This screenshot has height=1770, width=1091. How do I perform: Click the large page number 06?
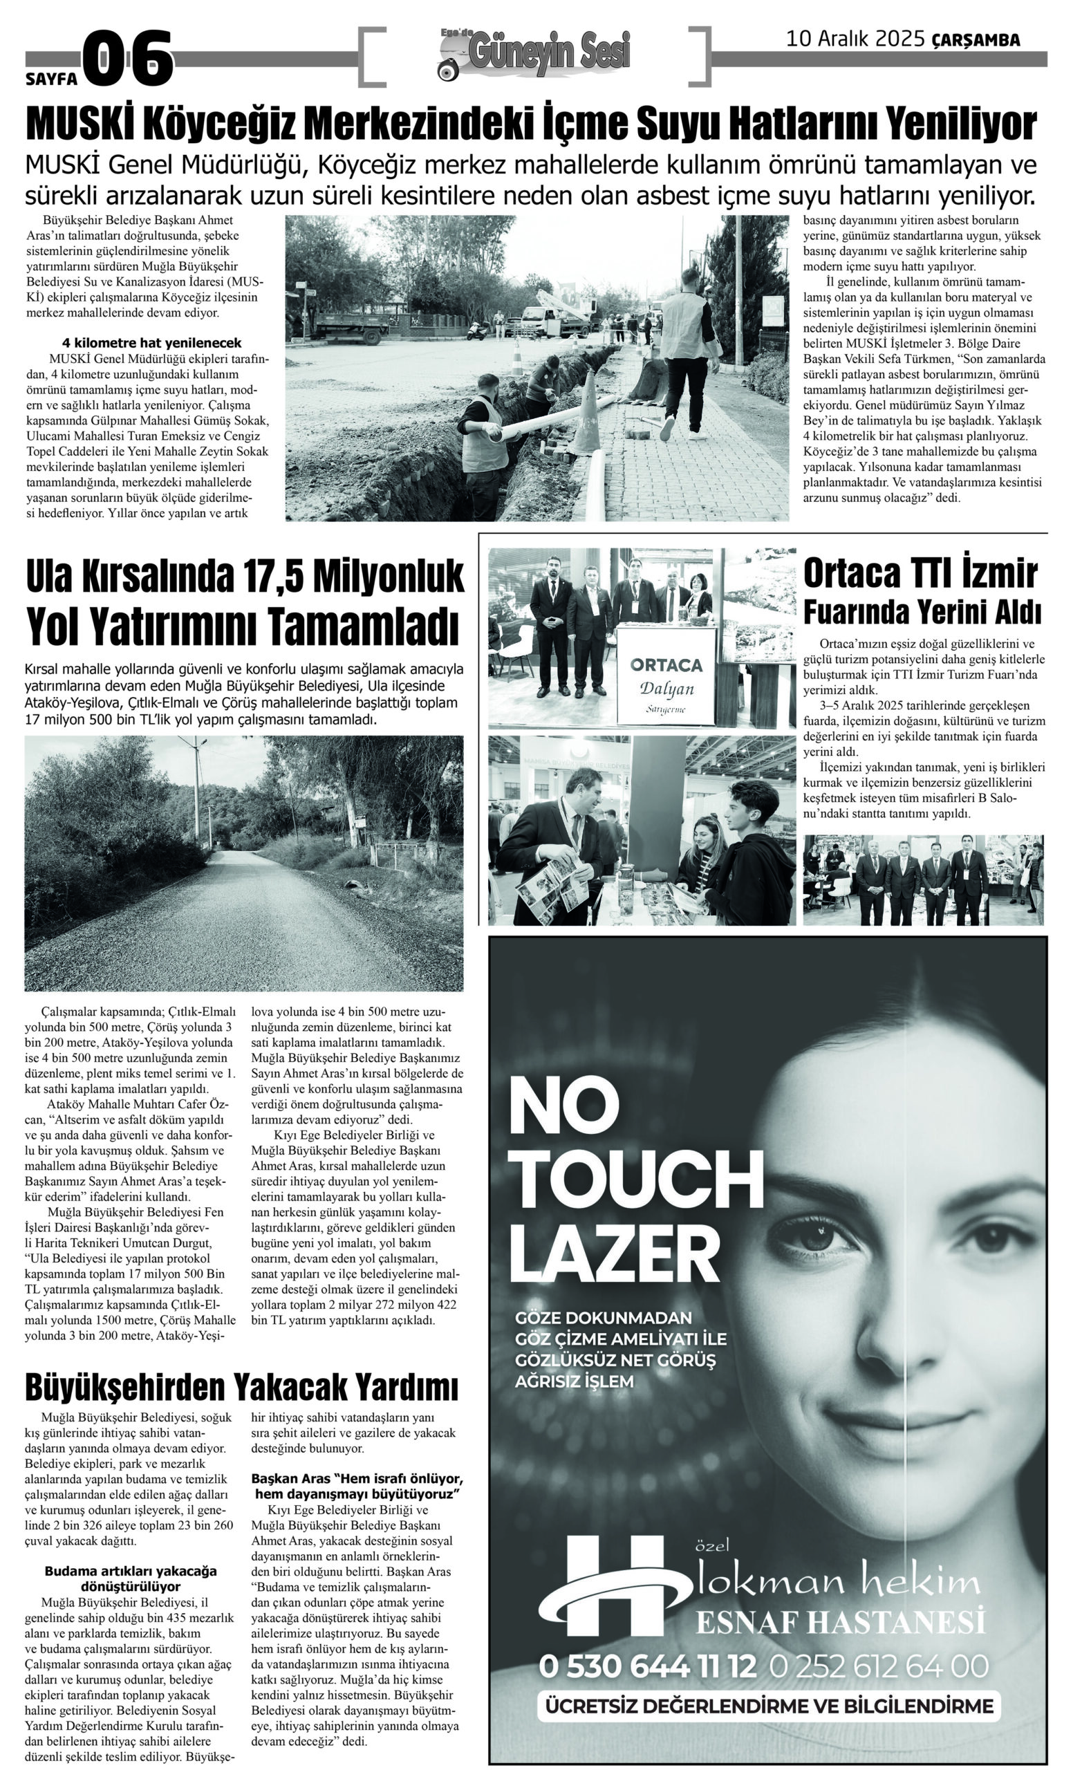129,59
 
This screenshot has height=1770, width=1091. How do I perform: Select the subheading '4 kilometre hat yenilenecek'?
152,343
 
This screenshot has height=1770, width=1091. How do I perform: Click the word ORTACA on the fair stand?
665,664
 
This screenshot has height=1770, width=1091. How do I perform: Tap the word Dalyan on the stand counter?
666,689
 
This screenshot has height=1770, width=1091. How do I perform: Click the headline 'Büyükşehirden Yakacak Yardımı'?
242,1386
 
